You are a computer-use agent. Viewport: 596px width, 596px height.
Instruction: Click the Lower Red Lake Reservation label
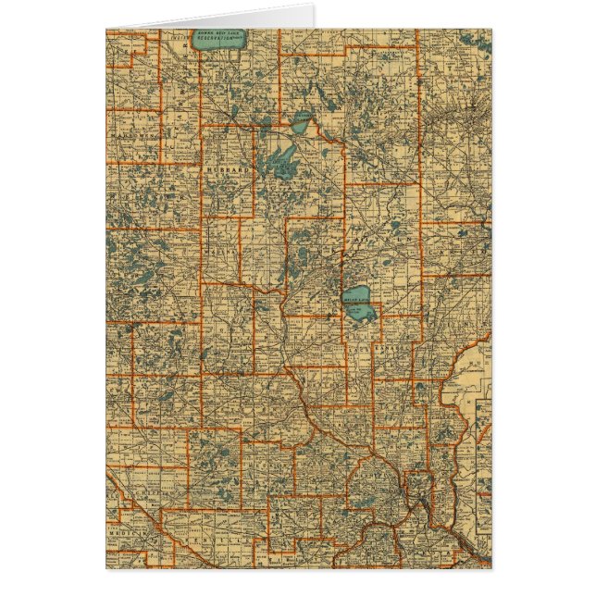click(x=216, y=38)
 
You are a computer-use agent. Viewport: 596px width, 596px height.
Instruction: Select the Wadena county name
click(x=221, y=249)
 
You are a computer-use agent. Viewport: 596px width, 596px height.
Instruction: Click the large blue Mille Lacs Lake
click(x=360, y=304)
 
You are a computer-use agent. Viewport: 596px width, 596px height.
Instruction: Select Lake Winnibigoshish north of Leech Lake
click(x=303, y=121)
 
